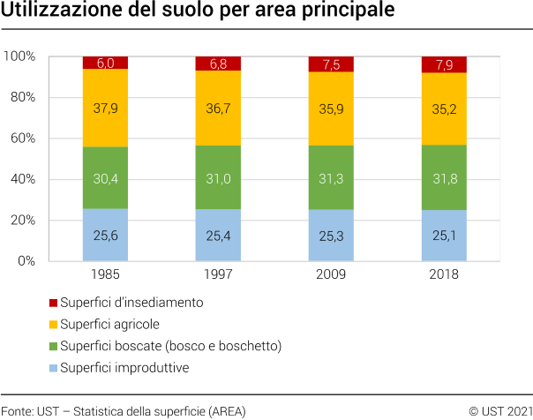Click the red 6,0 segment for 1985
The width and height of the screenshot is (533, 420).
[x=105, y=63]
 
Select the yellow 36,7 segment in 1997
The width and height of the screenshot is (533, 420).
[x=218, y=108]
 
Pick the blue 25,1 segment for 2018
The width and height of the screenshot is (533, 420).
[x=444, y=235]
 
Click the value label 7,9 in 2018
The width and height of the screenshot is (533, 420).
[x=444, y=64]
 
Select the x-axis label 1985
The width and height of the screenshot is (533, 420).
[x=105, y=274]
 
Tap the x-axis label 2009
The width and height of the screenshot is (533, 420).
[x=331, y=274]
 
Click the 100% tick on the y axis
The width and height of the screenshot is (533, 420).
[x=19, y=56]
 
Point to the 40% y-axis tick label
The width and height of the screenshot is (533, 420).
[x=22, y=179]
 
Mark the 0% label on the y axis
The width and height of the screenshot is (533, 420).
[x=26, y=261]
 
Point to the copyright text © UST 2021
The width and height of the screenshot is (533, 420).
[x=500, y=411]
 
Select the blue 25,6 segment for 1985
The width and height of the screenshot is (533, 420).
[x=105, y=235]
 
